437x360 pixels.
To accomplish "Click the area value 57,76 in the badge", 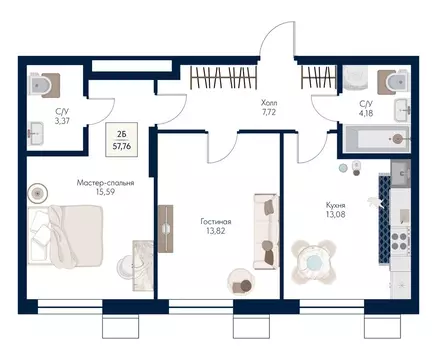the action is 122,146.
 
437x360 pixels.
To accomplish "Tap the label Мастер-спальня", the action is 105,183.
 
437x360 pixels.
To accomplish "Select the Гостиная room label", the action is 216,221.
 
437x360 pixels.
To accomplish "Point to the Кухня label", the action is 335,205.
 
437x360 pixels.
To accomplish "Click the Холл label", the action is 269,103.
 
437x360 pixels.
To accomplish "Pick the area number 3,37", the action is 62,121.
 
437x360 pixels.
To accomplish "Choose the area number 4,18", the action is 366,113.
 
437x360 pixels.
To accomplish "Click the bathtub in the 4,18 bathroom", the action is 377,139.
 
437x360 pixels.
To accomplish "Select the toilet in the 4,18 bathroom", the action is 393,81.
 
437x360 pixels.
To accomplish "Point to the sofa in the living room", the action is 266,232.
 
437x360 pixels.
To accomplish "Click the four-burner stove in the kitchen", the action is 400,241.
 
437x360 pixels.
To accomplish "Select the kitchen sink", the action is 401,172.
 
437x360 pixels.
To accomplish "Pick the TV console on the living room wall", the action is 166,229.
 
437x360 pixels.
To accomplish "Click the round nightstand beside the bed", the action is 38,193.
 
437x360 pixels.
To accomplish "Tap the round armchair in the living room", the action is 240,282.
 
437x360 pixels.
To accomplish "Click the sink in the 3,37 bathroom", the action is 36,133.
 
